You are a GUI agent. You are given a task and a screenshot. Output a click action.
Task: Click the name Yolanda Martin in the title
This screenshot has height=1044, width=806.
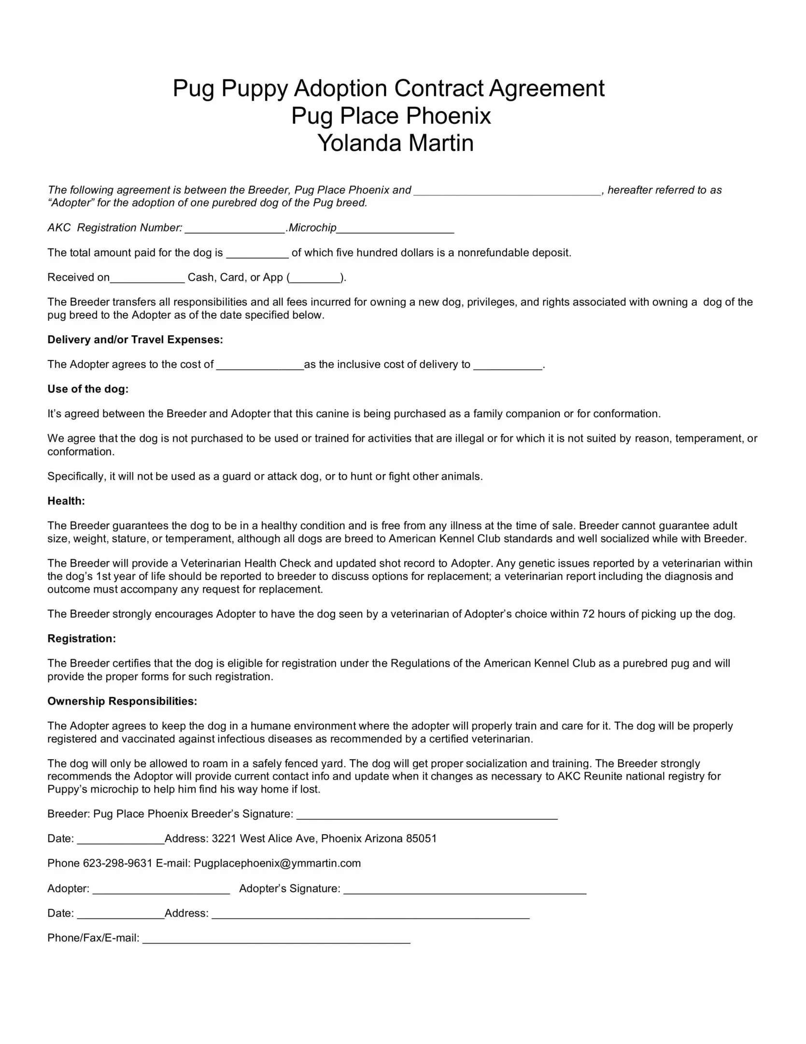point(395,143)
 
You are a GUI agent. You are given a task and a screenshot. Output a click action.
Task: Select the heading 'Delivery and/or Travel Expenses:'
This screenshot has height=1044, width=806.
point(135,340)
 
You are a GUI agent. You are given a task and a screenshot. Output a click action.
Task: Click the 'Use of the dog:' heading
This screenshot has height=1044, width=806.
point(88,389)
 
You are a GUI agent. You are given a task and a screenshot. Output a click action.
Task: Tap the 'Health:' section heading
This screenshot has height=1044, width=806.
point(66,501)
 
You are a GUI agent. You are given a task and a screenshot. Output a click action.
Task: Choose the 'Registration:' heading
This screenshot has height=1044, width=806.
point(82,638)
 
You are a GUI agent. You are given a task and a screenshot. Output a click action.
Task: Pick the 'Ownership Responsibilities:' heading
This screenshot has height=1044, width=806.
point(122,701)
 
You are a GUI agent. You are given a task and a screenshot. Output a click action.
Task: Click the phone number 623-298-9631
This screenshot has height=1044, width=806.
point(118,863)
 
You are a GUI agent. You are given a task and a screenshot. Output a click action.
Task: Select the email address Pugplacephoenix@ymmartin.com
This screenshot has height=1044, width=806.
point(277,863)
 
